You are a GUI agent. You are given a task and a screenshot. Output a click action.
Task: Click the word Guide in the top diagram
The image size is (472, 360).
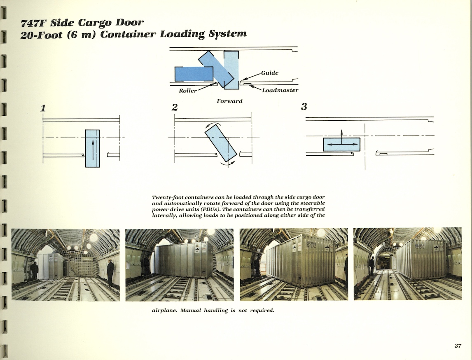coord(270,73)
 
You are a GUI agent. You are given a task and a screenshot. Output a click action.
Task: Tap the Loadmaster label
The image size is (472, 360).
coord(280,90)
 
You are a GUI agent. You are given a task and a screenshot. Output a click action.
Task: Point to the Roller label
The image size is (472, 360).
coord(188,91)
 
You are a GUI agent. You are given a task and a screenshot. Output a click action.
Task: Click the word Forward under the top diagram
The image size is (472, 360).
coord(229,101)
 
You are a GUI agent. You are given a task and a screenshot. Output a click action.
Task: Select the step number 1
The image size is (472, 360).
coord(42,108)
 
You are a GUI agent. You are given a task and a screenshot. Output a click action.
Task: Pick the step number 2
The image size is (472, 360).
coord(175,108)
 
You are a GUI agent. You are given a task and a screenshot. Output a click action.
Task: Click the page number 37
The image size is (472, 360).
coord(458,346)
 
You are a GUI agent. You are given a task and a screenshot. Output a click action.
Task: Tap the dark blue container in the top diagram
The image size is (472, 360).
coord(194,74)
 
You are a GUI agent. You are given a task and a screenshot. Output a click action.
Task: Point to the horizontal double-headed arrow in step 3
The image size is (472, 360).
coord(341,145)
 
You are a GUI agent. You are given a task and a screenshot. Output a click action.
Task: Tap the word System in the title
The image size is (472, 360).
coord(227,34)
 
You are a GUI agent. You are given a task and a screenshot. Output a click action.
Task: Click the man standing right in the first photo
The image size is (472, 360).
coord(110,272)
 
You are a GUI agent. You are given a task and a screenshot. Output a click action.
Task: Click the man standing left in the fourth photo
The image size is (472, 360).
coord(372,266)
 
